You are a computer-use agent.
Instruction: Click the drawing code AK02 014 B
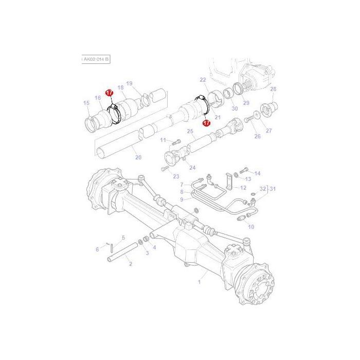coord(96,60)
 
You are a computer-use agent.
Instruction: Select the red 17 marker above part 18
coord(109,93)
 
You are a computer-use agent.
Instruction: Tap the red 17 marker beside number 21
coord(206,123)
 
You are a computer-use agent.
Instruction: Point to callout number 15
coord(86,103)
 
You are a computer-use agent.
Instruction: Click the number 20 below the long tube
coord(138,157)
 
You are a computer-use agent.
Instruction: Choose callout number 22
coord(203,80)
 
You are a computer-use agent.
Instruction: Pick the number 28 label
coord(273,89)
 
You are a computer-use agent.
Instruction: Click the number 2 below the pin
coord(131,264)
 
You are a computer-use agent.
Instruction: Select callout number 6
coord(97,249)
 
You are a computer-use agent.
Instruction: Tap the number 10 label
coord(251,227)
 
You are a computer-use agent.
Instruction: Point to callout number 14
coord(258,173)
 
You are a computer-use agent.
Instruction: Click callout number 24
coord(192,167)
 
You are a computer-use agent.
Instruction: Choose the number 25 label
coord(190,132)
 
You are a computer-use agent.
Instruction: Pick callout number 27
coord(268,131)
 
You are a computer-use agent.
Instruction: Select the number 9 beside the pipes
coord(182,199)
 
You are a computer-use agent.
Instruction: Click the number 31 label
coord(273,189)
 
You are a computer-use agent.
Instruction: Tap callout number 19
coord(129,83)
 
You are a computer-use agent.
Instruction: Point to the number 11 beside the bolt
coord(163,140)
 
